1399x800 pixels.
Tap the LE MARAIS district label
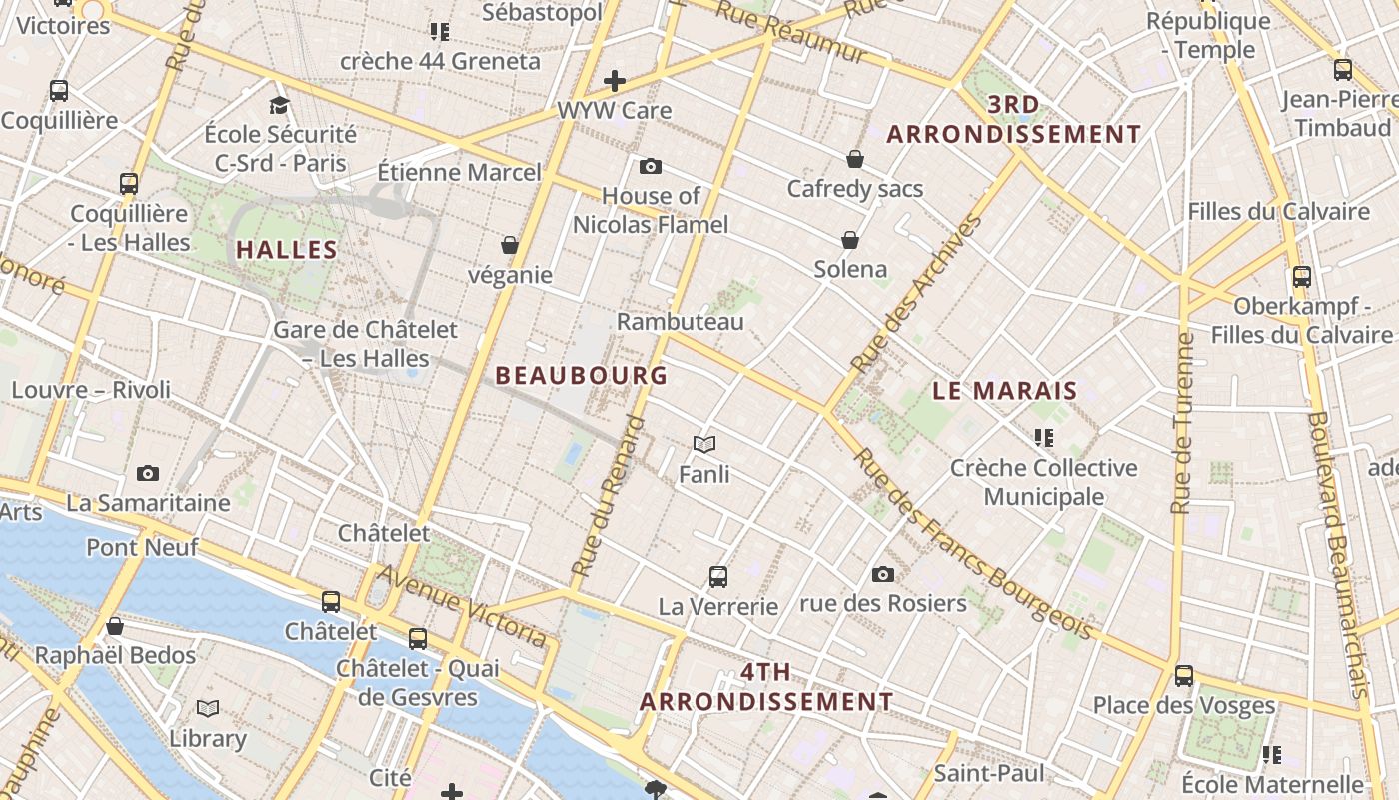click(x=1005, y=391)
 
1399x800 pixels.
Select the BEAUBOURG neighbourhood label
click(x=581, y=376)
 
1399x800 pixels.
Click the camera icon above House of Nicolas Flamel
click(x=651, y=166)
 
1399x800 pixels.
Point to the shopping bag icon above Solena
click(x=850, y=240)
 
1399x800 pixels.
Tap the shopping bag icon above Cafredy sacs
click(x=855, y=159)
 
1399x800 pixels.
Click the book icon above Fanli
click(x=704, y=444)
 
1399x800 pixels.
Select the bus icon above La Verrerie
click(x=718, y=576)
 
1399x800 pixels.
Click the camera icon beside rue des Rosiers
click(x=882, y=574)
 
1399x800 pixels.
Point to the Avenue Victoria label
click(x=462, y=607)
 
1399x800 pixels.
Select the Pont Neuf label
click(x=142, y=547)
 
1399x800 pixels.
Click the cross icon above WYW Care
click(x=615, y=81)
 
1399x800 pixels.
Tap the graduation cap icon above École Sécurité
click(x=280, y=105)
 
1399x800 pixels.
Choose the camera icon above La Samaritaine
click(x=148, y=473)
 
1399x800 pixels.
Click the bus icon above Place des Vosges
click(x=1184, y=676)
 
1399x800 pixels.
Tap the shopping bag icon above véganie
click(x=510, y=245)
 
